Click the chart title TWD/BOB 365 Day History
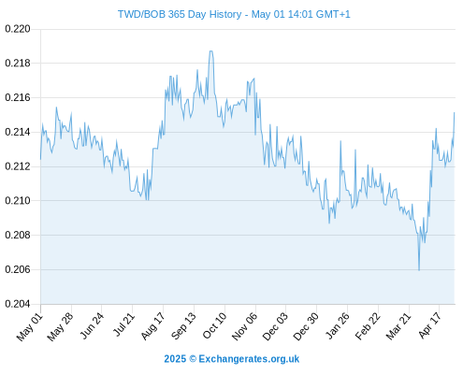180,14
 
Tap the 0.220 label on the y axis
18,29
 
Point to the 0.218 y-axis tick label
18,64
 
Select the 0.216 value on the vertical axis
18,98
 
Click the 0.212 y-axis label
18,166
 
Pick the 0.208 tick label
18,235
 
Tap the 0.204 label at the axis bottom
18,304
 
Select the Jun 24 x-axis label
92,325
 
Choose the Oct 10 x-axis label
214,325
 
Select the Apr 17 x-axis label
430,325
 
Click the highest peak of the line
211,51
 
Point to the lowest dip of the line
419,270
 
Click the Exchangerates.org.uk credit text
249,359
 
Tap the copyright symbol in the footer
193,359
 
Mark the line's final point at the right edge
455,113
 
